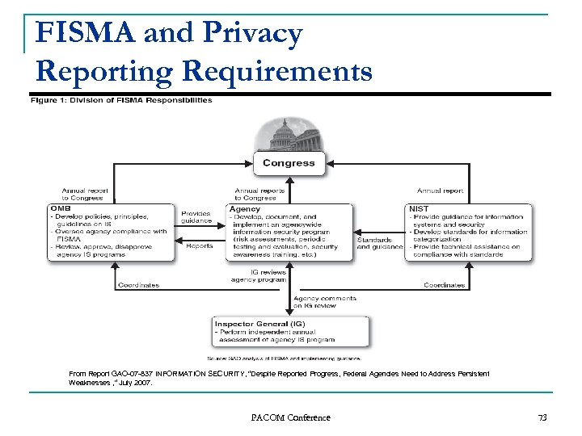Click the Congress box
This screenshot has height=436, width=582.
289,163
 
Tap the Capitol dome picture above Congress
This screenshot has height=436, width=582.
289,134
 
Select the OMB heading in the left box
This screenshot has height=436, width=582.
61,208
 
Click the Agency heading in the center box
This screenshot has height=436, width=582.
245,208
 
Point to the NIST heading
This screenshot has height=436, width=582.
419,208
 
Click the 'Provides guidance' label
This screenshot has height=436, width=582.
196,216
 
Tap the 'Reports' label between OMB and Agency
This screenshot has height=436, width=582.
199,246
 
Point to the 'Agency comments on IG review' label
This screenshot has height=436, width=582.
324,302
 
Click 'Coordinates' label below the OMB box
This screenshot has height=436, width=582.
138,285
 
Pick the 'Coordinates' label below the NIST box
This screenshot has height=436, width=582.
445,285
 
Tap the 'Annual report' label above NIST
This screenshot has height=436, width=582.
441,191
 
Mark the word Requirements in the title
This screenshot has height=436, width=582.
277,71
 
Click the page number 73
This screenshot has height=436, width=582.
542,417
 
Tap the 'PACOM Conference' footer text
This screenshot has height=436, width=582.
291,417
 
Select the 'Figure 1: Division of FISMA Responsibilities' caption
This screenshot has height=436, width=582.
121,101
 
